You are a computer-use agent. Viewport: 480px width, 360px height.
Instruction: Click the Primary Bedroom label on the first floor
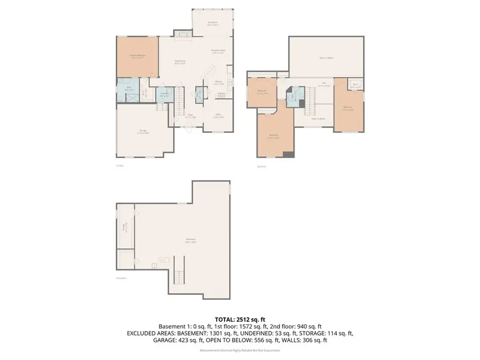(x=137, y=56)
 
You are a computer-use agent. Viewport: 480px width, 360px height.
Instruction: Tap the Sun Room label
(x=213, y=23)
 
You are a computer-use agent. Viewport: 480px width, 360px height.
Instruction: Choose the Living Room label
(x=180, y=62)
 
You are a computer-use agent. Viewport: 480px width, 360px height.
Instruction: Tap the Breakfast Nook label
(x=218, y=51)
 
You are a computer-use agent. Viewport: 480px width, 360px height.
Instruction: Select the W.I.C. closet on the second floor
(x=355, y=85)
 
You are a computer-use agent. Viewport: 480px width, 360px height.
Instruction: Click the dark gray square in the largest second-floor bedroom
(x=288, y=155)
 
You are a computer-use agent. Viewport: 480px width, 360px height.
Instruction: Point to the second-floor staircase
(x=310, y=101)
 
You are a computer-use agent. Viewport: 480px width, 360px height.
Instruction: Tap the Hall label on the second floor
(x=323, y=84)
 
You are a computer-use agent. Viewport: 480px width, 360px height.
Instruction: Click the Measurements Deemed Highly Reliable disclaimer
(x=239, y=350)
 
